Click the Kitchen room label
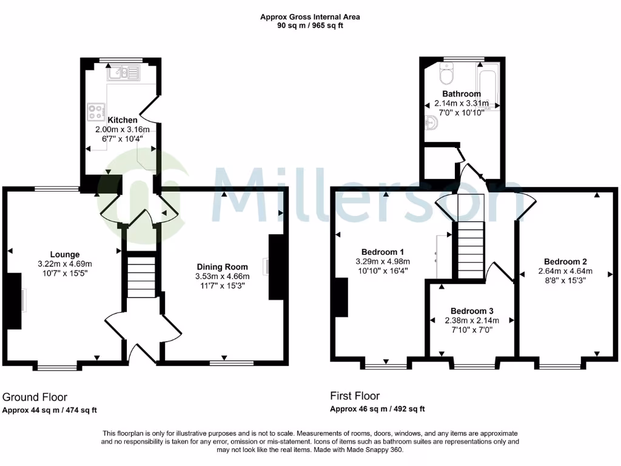click(x=122, y=120)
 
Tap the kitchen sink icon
click(x=124, y=74)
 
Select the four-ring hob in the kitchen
click(x=96, y=112)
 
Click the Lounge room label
click(x=65, y=254)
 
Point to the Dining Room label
click(x=223, y=267)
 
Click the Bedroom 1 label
click(x=383, y=252)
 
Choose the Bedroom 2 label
click(x=565, y=262)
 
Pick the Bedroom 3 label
click(x=472, y=311)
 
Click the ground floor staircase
click(x=141, y=277)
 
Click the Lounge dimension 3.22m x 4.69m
click(x=65, y=264)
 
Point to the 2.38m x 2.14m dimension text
click(x=472, y=320)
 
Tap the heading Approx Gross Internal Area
click(x=310, y=17)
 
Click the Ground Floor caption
click(x=35, y=397)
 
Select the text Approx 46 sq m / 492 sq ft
click(x=377, y=409)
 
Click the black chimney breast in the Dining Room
click(x=275, y=267)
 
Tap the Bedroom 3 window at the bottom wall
click(x=475, y=366)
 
